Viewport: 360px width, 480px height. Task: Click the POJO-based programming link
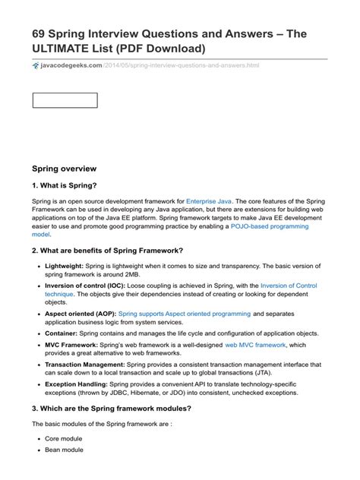[x=273, y=226]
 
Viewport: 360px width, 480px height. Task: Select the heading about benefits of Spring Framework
[x=108, y=251]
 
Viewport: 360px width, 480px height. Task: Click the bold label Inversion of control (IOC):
[x=84, y=286]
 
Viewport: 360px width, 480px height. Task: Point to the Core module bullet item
[x=64, y=440]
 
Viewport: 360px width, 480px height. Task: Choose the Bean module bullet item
[x=64, y=450]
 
